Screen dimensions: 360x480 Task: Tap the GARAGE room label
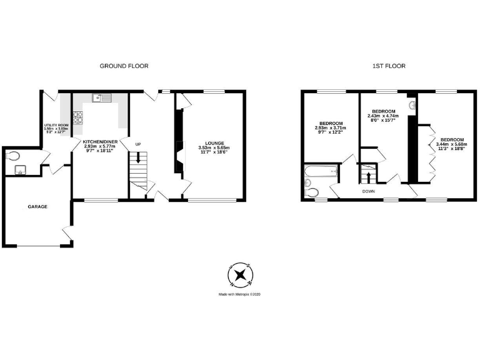[37, 206]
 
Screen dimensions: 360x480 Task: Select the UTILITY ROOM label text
[55, 125]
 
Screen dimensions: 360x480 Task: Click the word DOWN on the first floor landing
[368, 191]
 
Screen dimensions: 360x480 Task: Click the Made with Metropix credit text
[239, 294]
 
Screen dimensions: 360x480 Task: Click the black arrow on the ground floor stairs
[138, 160]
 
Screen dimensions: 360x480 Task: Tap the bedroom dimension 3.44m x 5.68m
[451, 144]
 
